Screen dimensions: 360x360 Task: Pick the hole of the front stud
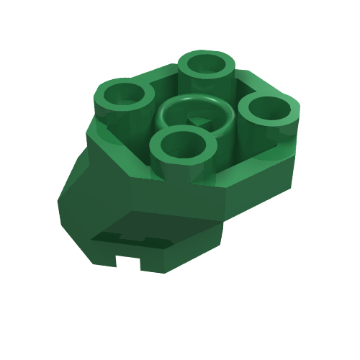(x=183, y=143)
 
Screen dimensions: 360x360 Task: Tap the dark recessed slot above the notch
(x=122, y=237)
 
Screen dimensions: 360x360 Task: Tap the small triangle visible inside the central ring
(x=196, y=122)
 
